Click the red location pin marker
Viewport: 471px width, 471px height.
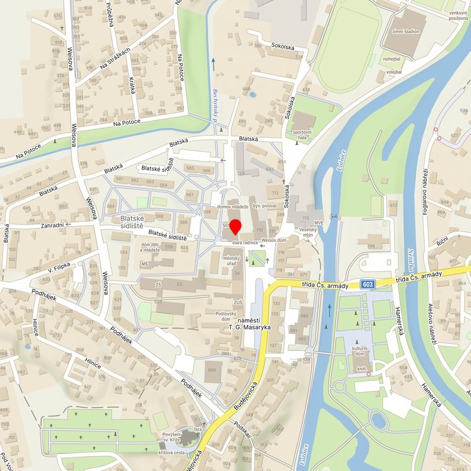(235, 226)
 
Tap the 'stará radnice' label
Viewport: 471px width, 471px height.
(245, 242)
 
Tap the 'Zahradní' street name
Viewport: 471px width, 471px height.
(52, 225)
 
